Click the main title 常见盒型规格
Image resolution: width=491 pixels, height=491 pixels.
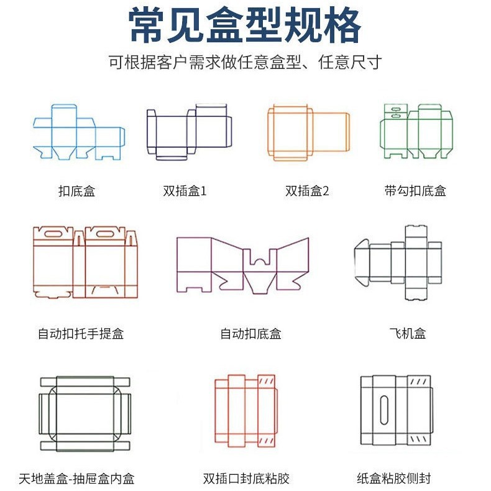245,26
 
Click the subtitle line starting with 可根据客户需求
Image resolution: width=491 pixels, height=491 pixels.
245,63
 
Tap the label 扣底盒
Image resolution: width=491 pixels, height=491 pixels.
76,191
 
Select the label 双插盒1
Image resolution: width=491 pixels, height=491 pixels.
185,191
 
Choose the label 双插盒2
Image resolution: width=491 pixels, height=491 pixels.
307,191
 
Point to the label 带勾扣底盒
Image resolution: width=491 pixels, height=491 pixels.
415,191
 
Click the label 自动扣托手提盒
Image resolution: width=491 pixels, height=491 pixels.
81,334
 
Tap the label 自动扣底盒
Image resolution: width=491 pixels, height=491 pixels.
250,334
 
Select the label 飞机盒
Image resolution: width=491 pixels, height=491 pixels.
408,334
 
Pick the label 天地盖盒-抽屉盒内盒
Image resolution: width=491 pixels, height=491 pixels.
76,479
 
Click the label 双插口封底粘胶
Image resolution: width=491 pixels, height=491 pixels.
246,479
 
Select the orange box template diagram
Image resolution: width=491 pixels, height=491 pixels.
308,132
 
